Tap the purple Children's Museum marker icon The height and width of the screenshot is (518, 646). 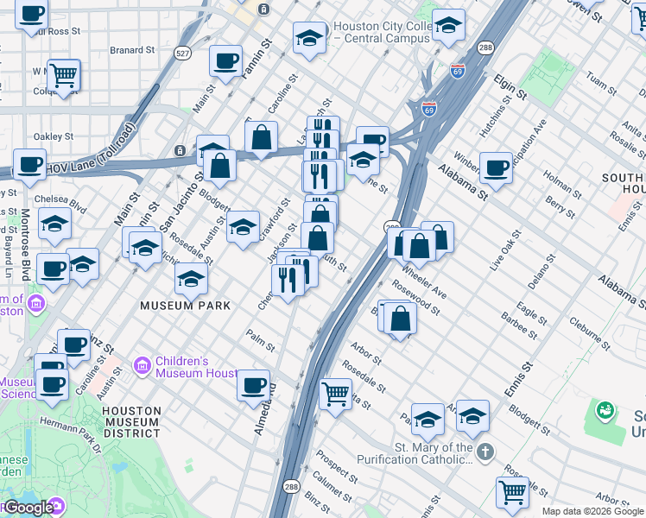(142, 366)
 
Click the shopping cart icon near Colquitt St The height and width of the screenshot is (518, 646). (64, 75)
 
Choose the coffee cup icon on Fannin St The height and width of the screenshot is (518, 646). (226, 60)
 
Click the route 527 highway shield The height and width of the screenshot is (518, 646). (182, 54)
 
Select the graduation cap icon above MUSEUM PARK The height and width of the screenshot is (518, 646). (191, 278)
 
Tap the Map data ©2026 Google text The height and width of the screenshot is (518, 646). (592, 511)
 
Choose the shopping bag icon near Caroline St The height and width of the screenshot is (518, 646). (261, 136)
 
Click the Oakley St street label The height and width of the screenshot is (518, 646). (50, 136)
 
